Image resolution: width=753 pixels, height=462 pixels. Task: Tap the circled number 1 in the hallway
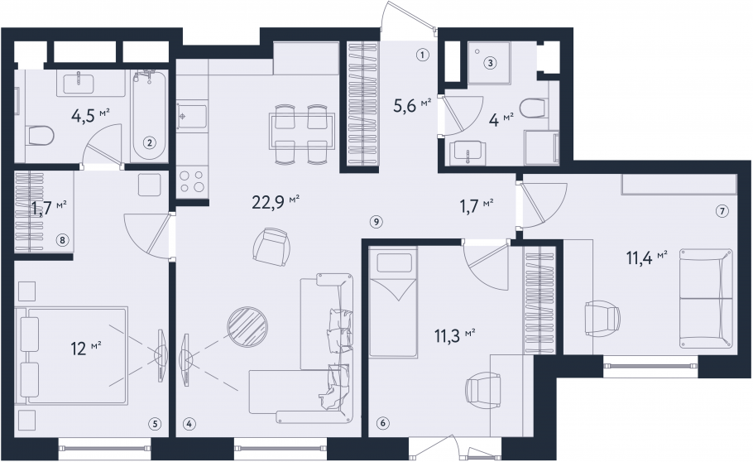click(422, 55)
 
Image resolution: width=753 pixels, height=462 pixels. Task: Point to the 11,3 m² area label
click(455, 335)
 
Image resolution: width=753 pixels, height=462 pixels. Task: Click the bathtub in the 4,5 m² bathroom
click(149, 116)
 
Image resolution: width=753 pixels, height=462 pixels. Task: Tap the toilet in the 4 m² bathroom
click(535, 108)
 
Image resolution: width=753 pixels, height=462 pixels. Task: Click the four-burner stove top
click(192, 180)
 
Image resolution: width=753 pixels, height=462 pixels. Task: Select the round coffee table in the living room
click(247, 326)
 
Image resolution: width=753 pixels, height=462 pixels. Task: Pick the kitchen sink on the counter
click(192, 116)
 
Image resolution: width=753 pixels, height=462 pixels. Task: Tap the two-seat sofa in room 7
click(706, 298)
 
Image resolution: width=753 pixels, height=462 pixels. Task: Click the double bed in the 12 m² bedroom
click(73, 355)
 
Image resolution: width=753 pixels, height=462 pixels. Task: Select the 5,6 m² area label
click(412, 106)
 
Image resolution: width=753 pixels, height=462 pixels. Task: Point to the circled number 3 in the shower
click(491, 62)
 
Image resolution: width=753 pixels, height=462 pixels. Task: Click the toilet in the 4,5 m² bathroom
click(41, 136)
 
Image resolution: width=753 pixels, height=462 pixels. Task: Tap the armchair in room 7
click(602, 318)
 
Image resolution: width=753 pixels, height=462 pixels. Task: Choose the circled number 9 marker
click(376, 222)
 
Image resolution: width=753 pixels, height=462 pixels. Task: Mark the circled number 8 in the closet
click(62, 239)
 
